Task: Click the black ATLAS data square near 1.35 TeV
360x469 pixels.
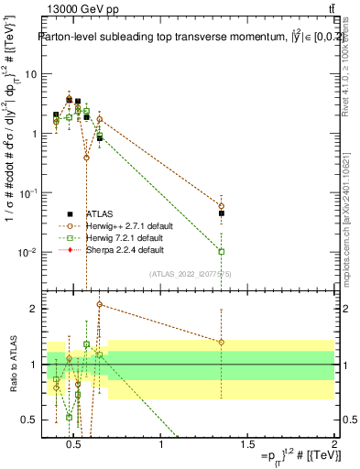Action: coord(221,213)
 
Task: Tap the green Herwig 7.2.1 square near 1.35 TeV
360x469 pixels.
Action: coord(221,251)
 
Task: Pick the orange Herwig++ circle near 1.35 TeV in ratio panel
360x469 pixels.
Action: coord(221,343)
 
